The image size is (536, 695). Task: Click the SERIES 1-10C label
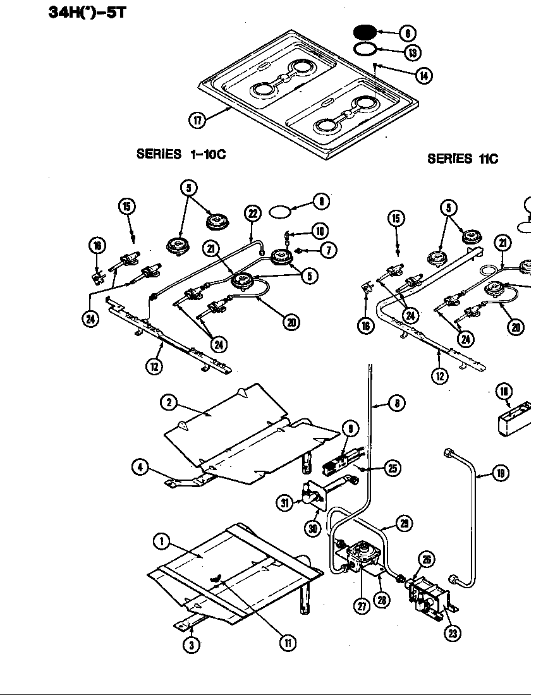point(181,154)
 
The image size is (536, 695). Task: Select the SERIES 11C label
point(462,159)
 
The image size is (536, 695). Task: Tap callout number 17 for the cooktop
point(198,120)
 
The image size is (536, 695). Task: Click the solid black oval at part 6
point(364,32)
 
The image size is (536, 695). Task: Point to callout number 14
point(423,75)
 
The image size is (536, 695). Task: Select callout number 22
point(252,213)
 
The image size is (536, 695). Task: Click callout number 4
point(140,468)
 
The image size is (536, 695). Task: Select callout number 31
point(285,503)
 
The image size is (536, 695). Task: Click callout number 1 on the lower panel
point(162,541)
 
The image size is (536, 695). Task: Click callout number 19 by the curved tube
point(500,473)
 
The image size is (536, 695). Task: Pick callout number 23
point(452,632)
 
